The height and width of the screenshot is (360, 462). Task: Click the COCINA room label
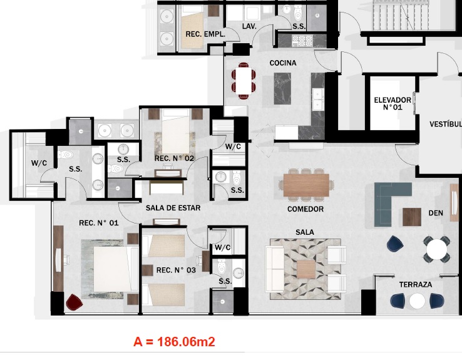(283, 63)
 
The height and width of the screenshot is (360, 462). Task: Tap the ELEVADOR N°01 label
(393, 104)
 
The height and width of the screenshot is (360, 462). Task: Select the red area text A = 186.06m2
(174, 342)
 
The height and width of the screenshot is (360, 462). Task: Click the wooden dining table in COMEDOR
(306, 185)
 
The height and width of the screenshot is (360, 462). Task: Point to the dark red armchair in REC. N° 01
(74, 302)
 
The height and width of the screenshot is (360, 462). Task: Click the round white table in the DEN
(437, 249)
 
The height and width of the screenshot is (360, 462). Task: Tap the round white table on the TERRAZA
(417, 301)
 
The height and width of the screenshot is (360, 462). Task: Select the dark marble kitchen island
(282, 88)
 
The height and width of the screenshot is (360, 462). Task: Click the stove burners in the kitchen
(302, 41)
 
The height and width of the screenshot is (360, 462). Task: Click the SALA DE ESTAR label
(173, 208)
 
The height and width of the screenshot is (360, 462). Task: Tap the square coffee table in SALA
(306, 269)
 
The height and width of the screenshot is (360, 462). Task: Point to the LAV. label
(249, 26)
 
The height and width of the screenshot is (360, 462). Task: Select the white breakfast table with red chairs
(244, 80)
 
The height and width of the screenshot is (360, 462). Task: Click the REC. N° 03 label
(176, 270)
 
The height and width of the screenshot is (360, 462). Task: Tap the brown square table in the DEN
(412, 217)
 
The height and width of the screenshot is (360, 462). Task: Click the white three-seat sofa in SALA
(275, 269)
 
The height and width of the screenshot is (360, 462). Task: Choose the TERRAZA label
(416, 285)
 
